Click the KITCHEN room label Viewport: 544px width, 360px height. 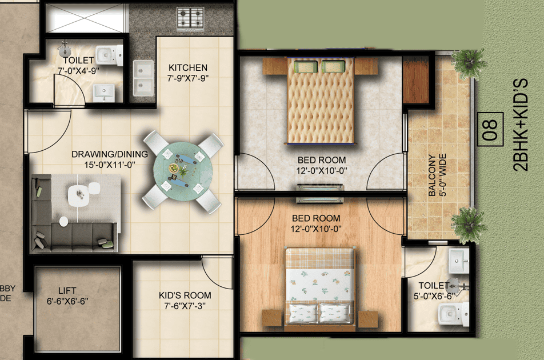188,68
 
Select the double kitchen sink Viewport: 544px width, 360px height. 142,78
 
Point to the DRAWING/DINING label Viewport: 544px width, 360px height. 110,154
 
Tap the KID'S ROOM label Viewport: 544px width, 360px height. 185,295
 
